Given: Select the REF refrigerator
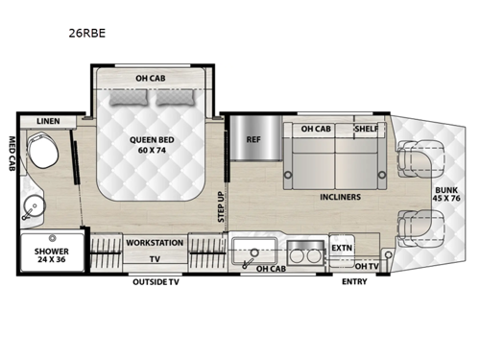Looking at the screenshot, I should (x=253, y=139).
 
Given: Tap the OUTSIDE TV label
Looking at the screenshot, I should (x=156, y=282).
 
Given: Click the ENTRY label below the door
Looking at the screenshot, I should (x=355, y=282).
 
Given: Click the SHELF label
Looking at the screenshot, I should (x=366, y=129).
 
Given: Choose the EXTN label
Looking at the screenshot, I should (x=342, y=247).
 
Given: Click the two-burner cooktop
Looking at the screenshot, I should (x=305, y=252).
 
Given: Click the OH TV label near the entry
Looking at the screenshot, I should (x=366, y=266).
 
